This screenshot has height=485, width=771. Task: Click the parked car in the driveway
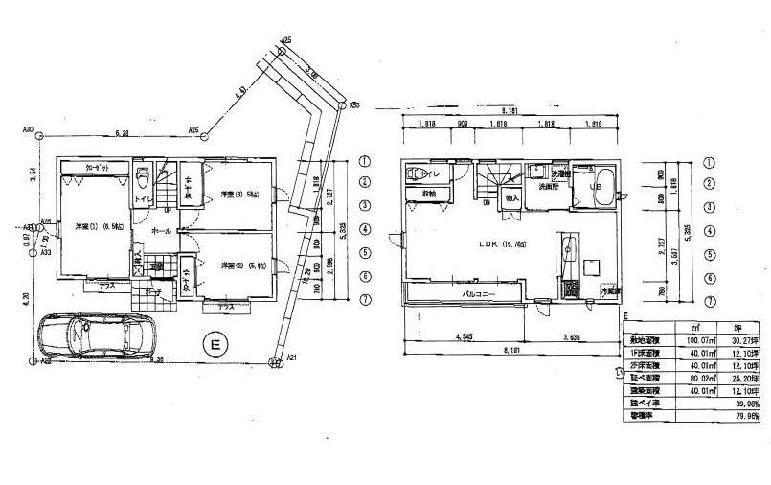(91, 336)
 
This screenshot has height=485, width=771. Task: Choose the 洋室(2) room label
(236, 265)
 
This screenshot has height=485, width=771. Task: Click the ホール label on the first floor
(161, 231)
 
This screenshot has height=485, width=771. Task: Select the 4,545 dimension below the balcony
(464, 336)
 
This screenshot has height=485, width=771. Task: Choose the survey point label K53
(353, 105)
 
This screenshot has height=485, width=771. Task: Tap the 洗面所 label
(546, 187)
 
